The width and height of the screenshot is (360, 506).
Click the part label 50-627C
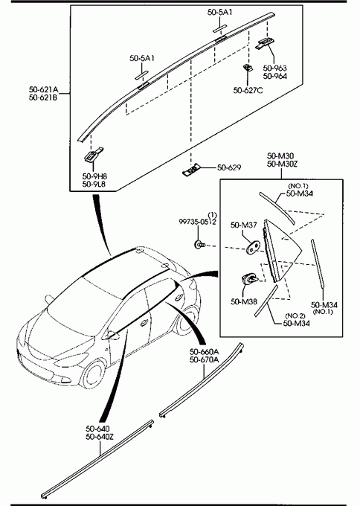(248, 90)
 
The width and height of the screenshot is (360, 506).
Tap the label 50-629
(229, 167)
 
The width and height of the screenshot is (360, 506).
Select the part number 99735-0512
(197, 222)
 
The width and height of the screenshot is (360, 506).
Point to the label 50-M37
(243, 225)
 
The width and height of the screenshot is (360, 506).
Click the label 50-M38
(244, 301)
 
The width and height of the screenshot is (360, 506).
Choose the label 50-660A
(204, 351)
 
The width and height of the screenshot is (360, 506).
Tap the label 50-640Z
(100, 437)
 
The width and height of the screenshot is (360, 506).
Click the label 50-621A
(44, 89)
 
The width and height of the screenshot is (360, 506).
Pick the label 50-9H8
(94, 176)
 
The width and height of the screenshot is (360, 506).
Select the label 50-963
(275, 68)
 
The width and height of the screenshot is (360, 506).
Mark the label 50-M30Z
(282, 164)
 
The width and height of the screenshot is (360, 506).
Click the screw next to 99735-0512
(199, 245)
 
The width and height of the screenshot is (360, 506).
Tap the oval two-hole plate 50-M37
(254, 248)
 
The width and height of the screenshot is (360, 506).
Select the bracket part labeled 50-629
(192, 170)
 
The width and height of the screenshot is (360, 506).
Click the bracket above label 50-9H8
(94, 155)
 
